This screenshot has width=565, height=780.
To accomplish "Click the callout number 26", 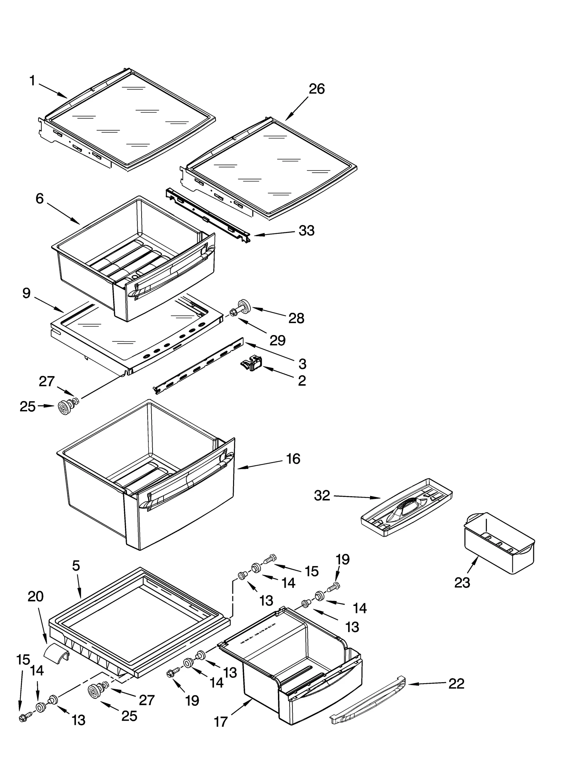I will (316, 89).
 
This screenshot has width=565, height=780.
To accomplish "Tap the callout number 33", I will (306, 231).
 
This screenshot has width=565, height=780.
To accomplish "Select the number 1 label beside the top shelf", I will (32, 81).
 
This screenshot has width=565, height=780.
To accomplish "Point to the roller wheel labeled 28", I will (243, 305).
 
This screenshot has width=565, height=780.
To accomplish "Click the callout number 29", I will (277, 340).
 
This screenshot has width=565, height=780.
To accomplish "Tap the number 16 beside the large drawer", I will (293, 459).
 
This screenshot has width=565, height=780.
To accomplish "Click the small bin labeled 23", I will (499, 544).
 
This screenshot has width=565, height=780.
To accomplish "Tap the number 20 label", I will (35, 596).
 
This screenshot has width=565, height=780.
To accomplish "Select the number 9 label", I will (26, 293).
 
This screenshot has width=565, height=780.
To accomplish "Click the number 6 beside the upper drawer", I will (40, 198).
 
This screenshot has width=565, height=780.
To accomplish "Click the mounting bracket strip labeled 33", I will (208, 215).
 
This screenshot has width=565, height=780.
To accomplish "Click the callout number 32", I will (322, 496).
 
